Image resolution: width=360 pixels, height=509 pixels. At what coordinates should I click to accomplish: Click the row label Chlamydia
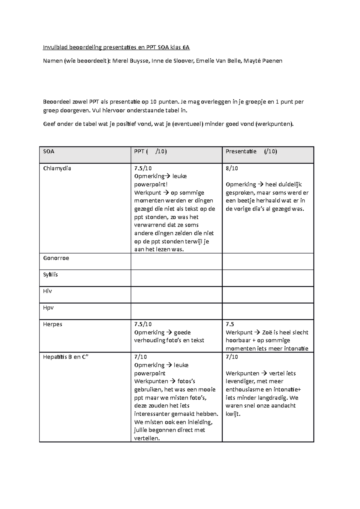point(57,168)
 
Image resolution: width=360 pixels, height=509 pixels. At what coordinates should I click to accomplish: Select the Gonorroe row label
point(56,258)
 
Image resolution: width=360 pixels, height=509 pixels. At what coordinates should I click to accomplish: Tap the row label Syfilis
point(50,275)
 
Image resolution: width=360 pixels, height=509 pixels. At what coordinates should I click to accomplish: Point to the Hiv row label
point(47,291)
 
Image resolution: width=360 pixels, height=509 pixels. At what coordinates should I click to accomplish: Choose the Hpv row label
point(48,308)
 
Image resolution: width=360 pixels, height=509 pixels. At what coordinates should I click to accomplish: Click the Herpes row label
point(52,324)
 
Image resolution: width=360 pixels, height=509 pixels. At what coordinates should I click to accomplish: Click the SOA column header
point(49,151)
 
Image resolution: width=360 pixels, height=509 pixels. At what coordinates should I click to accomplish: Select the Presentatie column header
point(241,151)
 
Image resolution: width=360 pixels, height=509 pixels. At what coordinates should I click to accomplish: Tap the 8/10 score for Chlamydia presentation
point(232,168)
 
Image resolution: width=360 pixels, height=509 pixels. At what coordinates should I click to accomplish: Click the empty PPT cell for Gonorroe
point(176,261)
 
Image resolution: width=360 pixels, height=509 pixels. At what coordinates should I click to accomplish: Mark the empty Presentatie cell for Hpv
point(268,311)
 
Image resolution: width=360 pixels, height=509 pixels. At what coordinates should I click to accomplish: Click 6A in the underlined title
point(186,47)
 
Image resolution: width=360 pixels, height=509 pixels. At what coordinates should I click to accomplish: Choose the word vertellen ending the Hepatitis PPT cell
point(147,438)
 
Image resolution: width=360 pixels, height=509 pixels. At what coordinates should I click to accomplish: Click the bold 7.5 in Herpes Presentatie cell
point(230,324)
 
